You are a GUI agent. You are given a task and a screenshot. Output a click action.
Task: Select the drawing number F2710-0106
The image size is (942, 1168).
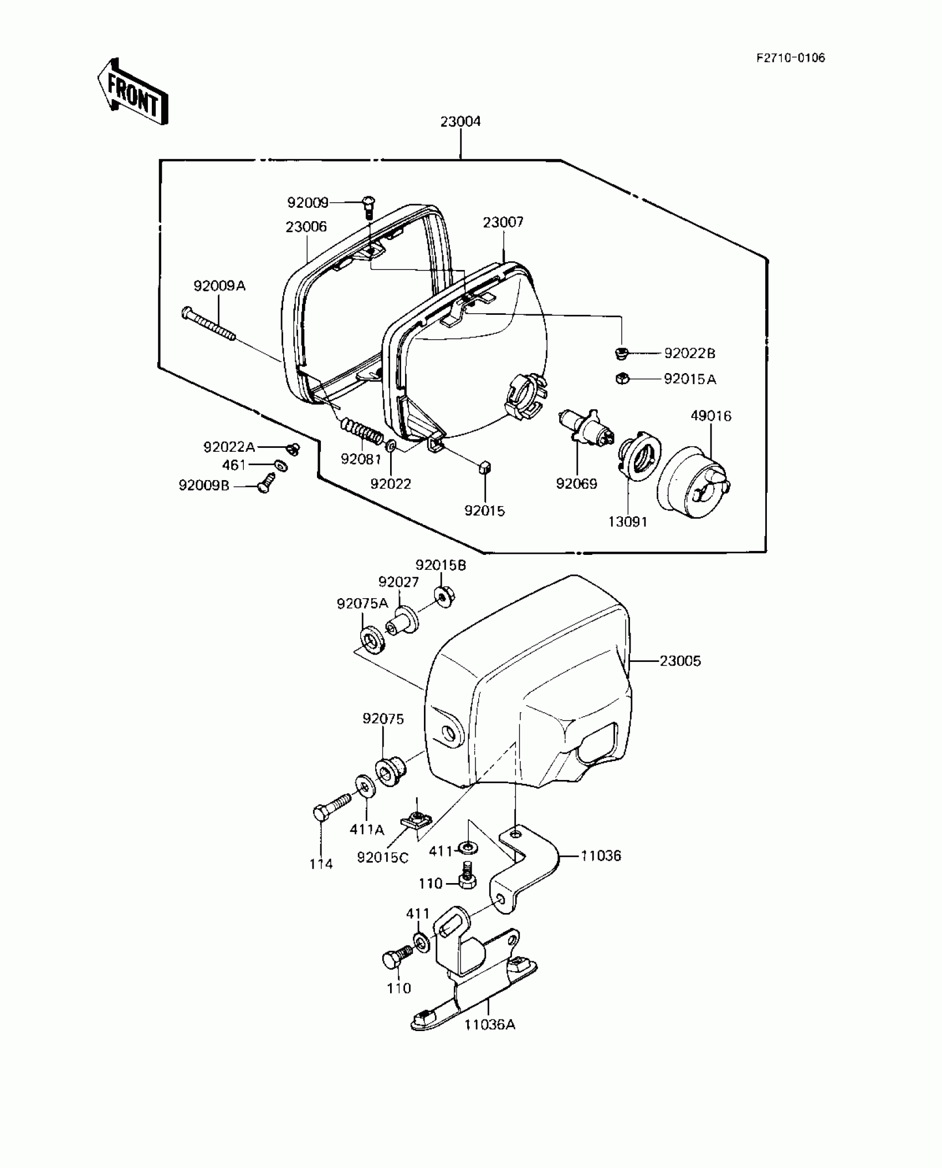pyautogui.click(x=791, y=58)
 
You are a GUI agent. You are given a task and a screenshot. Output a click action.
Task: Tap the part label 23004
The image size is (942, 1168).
pyautogui.click(x=460, y=122)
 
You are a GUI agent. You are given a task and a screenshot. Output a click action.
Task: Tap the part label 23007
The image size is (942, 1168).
pyautogui.click(x=503, y=222)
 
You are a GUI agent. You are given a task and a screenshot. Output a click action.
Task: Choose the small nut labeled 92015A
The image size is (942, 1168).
pyautogui.click(x=622, y=379)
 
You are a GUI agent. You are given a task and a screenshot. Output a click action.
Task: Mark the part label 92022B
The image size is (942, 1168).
pyautogui.click(x=689, y=353)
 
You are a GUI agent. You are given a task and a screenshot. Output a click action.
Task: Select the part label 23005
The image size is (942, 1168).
pyautogui.click(x=680, y=661)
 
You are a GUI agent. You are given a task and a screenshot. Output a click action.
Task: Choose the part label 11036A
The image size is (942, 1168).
pyautogui.click(x=489, y=1025)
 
